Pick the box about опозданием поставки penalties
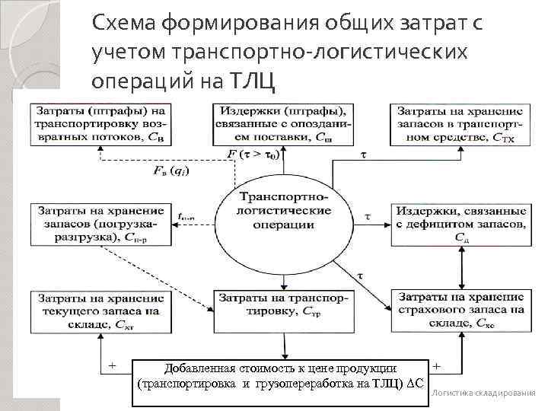281,122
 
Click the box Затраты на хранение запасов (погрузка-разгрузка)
98,221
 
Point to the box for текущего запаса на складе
97,309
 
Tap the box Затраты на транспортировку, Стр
281,304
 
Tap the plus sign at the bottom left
113,366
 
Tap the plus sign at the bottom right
443,366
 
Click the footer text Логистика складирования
483,393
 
